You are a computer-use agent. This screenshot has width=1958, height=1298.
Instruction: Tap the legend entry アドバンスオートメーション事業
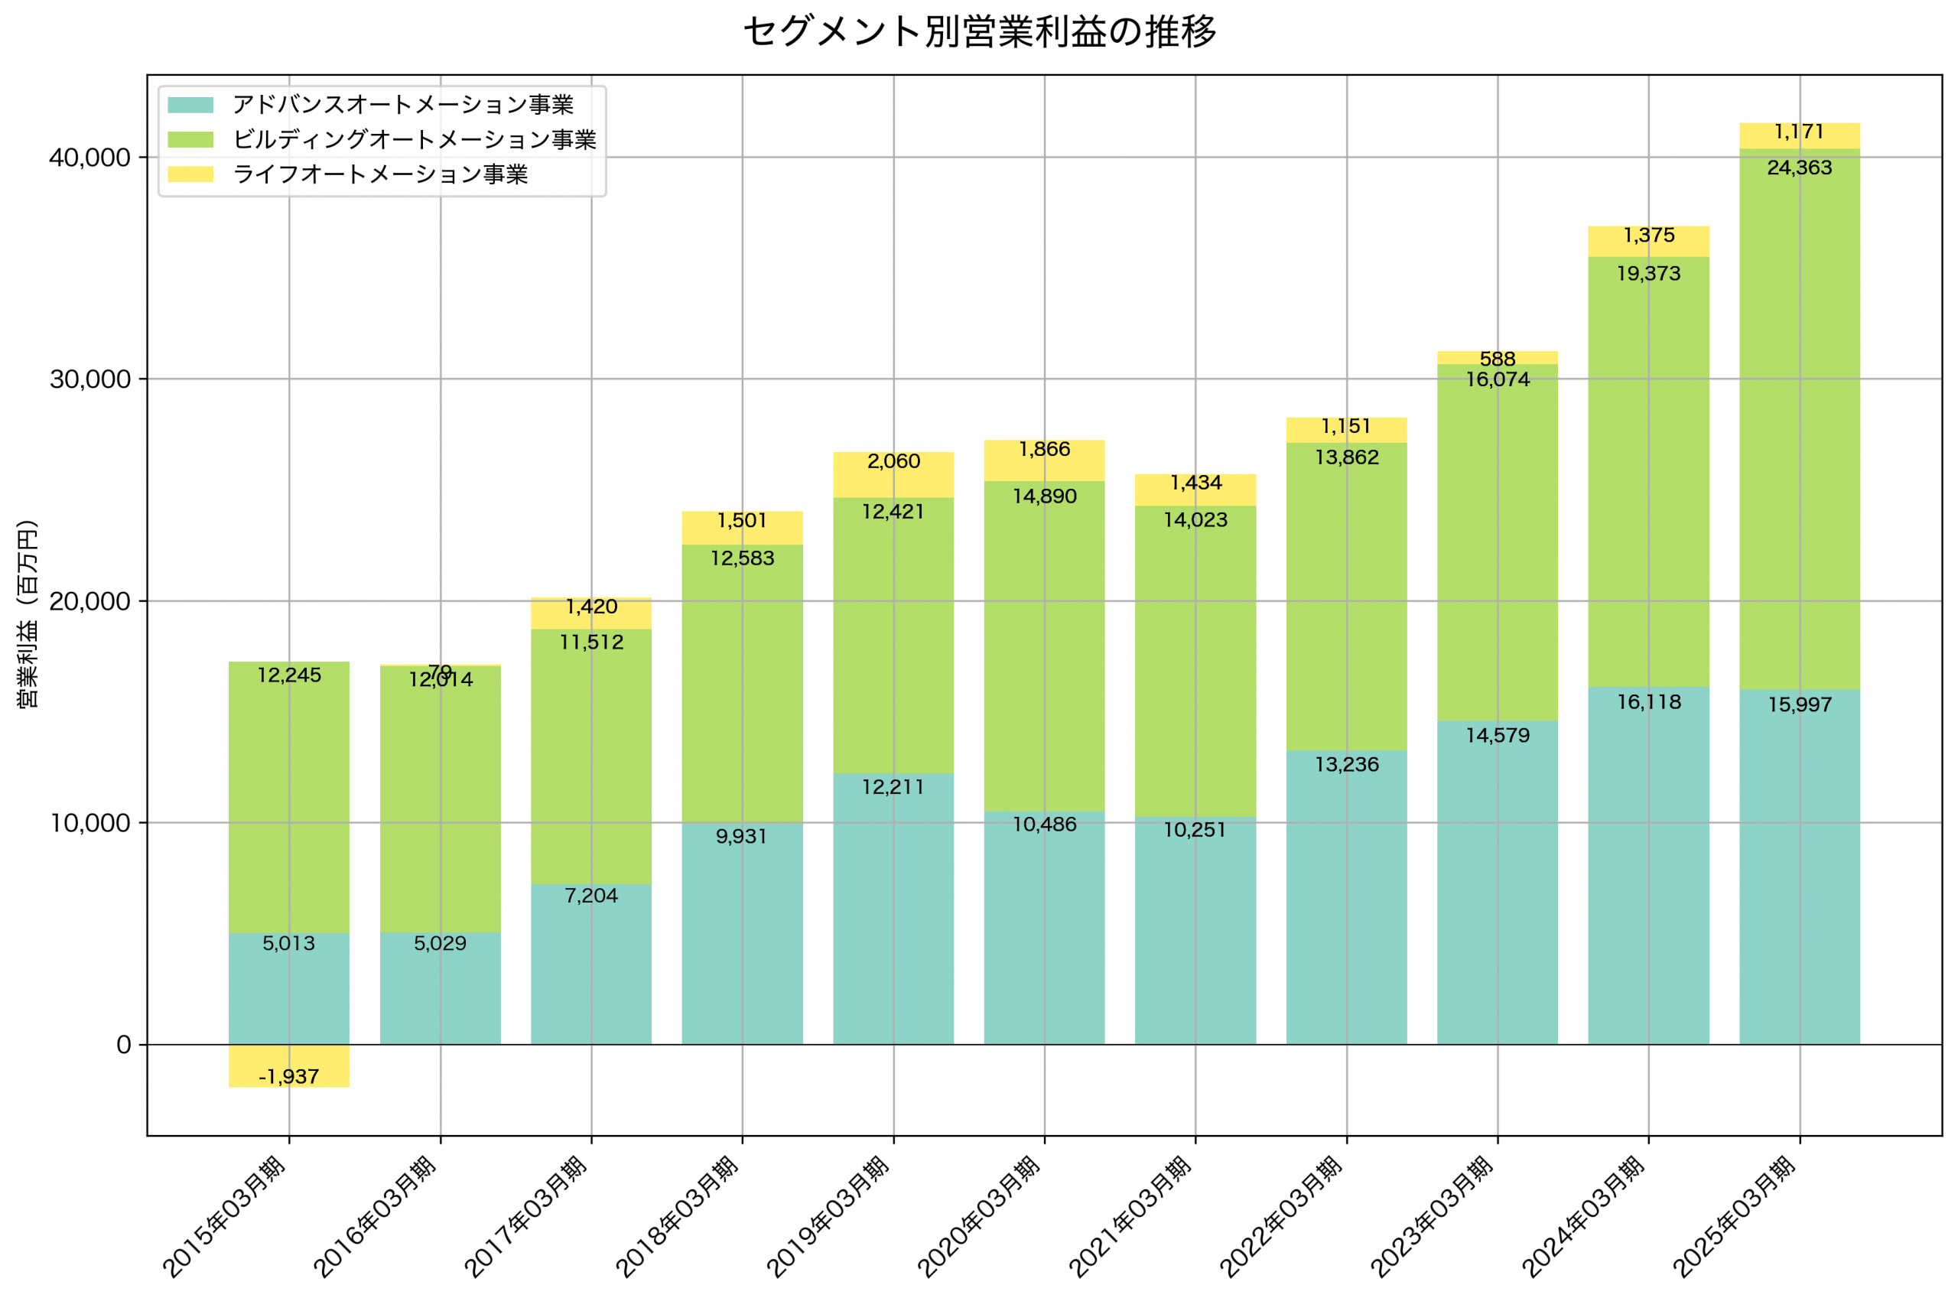pos(402,105)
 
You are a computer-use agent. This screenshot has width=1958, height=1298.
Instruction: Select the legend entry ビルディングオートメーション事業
pos(414,140)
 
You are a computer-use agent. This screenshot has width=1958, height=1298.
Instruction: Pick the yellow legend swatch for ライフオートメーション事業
pos(190,174)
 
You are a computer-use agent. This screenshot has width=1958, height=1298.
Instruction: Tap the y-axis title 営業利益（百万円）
pos(27,613)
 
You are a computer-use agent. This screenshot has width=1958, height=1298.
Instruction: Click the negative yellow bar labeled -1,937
pos(289,1066)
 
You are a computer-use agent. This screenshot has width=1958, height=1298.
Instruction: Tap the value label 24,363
pos(1799,168)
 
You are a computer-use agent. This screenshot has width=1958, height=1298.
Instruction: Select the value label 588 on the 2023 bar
pos(1497,359)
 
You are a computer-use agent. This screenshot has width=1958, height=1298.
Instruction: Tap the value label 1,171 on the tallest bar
pos(1799,132)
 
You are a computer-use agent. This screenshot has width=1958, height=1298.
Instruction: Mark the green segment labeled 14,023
pos(1195,662)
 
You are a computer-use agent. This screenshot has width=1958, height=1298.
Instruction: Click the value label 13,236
pos(1346,765)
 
